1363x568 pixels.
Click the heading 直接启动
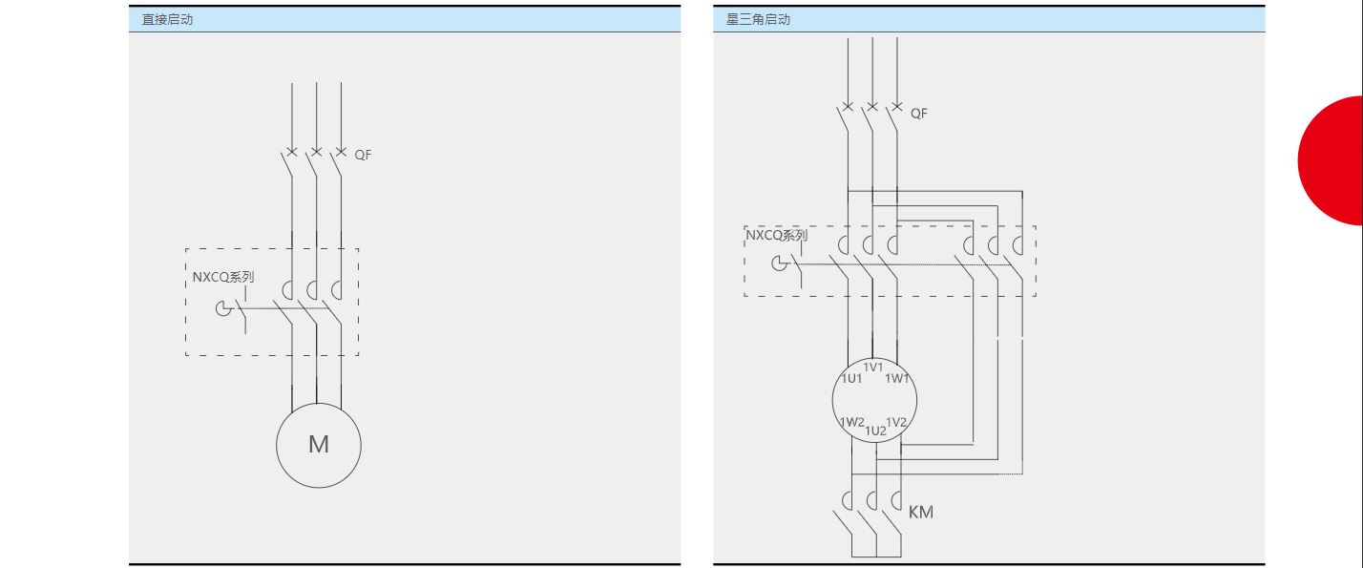click(x=167, y=19)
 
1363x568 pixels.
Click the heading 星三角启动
click(x=758, y=19)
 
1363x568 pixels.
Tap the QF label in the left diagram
click(x=363, y=155)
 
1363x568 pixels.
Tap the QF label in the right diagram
click(x=919, y=114)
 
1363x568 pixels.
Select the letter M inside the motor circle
click(x=318, y=445)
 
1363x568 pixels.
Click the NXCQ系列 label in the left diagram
click(x=222, y=277)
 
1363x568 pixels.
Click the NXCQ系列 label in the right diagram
click(x=776, y=235)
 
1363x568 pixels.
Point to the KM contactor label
click(x=921, y=512)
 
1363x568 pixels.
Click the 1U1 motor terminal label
click(x=851, y=379)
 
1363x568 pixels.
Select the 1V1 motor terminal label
click(x=873, y=368)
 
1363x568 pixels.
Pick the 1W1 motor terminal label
click(x=897, y=379)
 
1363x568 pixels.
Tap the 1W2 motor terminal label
click(x=851, y=422)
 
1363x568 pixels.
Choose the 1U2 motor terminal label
click(x=875, y=431)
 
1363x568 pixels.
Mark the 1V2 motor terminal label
click(x=896, y=422)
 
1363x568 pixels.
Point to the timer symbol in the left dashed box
click(x=223, y=308)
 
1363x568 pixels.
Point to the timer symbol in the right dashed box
click(x=780, y=263)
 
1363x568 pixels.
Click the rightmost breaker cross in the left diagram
click(x=341, y=152)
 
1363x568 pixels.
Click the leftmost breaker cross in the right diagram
click(x=848, y=107)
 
